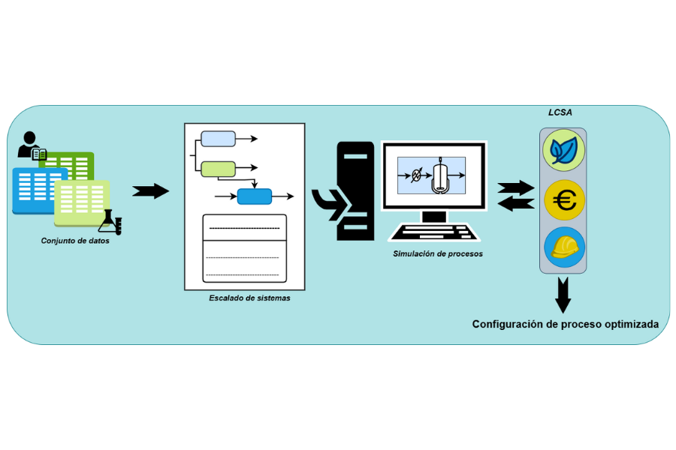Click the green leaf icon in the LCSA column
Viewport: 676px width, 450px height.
click(563, 150)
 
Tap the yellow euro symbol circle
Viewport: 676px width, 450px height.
click(563, 200)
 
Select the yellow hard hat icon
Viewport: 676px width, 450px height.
click(563, 248)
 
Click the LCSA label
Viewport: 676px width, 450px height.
click(561, 112)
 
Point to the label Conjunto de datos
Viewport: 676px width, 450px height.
click(75, 241)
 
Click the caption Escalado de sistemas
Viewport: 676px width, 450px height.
click(249, 298)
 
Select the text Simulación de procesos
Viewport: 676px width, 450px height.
click(438, 253)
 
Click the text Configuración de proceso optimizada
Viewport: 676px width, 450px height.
click(565, 324)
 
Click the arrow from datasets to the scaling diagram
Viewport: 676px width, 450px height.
click(150, 191)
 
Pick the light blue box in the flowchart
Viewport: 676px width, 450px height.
click(218, 139)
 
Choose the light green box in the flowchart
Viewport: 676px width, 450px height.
click(218, 169)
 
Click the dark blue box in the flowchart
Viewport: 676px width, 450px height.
click(255, 197)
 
